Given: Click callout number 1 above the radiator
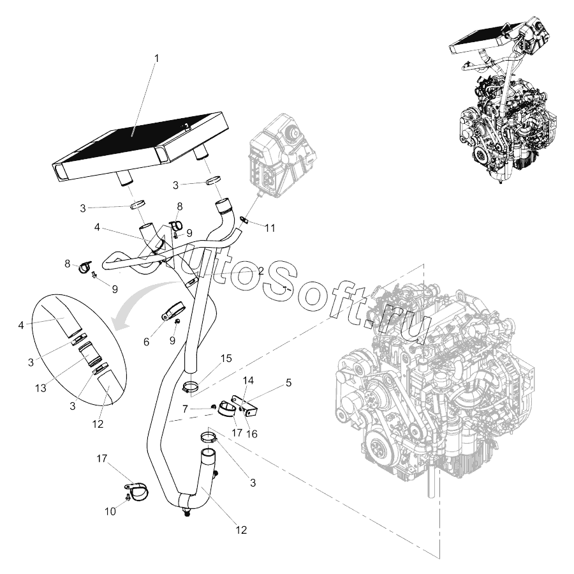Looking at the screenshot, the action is point(157,58).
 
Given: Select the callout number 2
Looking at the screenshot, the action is point(260,271).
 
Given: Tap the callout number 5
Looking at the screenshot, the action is point(288,383).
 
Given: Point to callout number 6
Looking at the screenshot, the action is point(146,342).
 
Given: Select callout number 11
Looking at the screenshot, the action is point(270,227).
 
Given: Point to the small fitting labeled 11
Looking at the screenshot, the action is point(244,220).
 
